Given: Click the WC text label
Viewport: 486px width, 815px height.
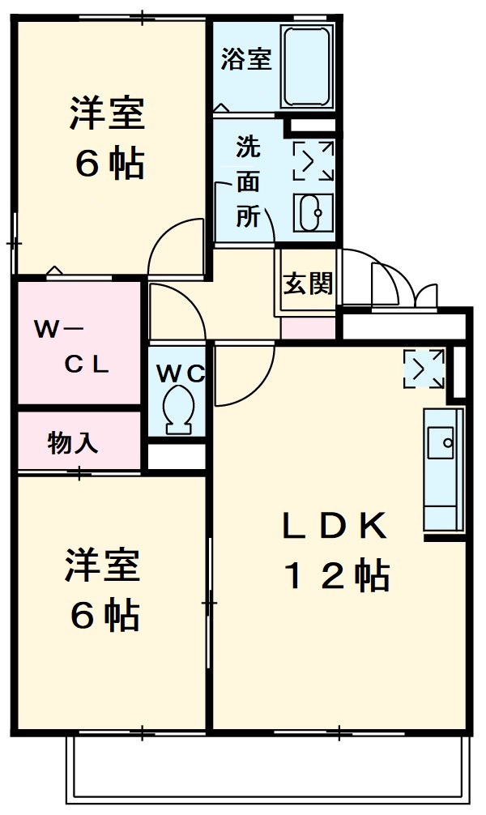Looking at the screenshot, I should [181, 373].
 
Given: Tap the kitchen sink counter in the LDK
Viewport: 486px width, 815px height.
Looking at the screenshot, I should [442, 470].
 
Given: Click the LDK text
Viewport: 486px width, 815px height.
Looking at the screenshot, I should [335, 527].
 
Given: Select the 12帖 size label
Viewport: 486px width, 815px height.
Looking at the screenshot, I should [335, 576].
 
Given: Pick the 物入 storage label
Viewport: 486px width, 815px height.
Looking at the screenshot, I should [73, 443].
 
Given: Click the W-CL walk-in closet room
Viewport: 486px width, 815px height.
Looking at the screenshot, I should [77, 344].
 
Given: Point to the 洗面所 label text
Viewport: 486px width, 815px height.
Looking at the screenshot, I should [248, 182].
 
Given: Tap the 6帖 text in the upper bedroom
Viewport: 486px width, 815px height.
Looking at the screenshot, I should [109, 164].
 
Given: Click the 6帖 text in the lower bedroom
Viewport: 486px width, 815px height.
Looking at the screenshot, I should [104, 617].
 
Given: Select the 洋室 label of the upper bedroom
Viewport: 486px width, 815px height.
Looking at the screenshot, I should [107, 116].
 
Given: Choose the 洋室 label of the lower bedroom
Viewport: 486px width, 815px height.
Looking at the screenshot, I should [104, 567].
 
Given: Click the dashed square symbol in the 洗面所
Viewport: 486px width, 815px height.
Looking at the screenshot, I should [313, 160].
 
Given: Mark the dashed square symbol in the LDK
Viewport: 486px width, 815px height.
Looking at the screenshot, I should [424, 368].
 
